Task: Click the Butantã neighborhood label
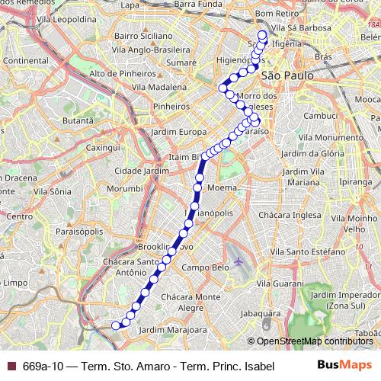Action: click(x=77, y=120)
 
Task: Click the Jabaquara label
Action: click(x=256, y=312)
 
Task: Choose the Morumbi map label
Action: click(x=124, y=187)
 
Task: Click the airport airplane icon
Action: click(x=239, y=261)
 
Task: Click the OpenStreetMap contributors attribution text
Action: click(x=314, y=341)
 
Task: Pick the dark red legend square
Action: click(x=10, y=366)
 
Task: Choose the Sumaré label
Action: click(x=181, y=60)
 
